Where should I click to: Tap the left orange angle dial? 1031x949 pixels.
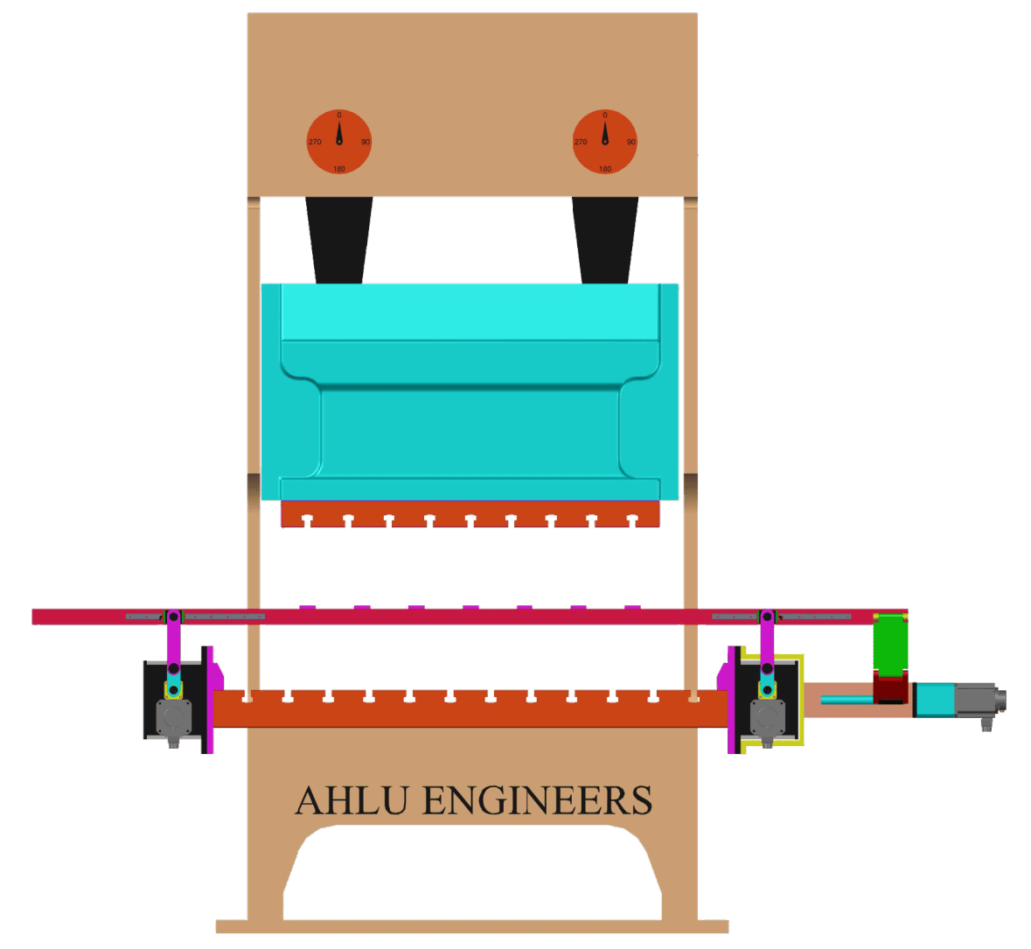[339, 142]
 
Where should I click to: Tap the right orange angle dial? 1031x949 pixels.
[605, 142]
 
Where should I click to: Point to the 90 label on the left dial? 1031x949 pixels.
[366, 142]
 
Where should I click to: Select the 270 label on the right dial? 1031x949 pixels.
[581, 142]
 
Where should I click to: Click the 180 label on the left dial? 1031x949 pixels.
[339, 168]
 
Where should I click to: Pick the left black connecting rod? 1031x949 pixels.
[339, 239]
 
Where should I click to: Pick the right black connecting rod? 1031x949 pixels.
[605, 239]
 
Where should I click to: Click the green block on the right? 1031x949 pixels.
[891, 643]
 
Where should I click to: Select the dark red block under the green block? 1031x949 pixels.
[891, 687]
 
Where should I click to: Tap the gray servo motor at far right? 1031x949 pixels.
[975, 701]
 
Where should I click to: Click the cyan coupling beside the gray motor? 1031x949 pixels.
[934, 701]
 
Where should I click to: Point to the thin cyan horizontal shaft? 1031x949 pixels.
[846, 698]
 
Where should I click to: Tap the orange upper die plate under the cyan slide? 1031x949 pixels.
[470, 513]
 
